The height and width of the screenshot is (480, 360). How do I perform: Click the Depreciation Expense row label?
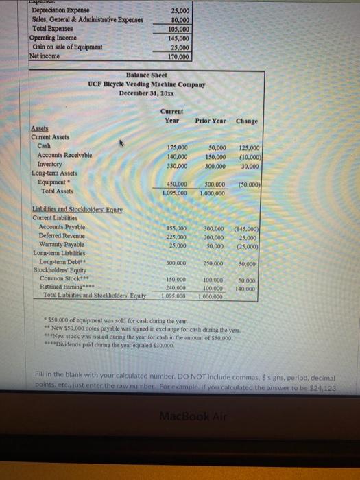(x=55, y=12)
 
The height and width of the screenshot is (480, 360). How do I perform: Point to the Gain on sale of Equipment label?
(x=65, y=47)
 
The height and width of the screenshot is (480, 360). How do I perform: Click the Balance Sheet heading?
(x=147, y=74)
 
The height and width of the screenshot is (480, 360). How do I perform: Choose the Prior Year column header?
(x=211, y=121)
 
